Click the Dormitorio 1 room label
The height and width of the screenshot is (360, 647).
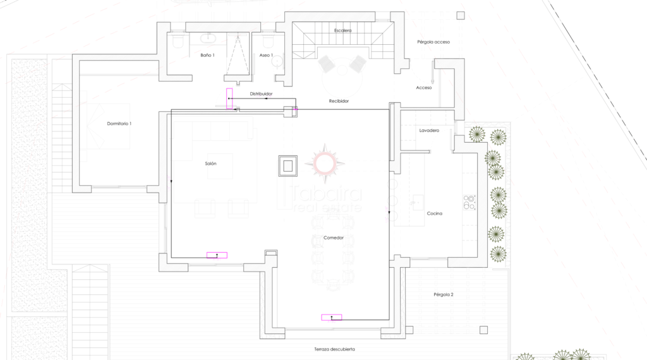[x=119, y=124]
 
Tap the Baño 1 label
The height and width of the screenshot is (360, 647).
[x=207, y=55]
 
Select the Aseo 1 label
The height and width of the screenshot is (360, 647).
[x=266, y=55]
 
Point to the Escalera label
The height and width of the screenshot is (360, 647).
[x=343, y=30]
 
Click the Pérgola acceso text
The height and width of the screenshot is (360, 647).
[x=433, y=42]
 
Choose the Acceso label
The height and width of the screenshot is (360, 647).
[x=424, y=88]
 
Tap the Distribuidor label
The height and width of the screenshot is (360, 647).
[x=261, y=94]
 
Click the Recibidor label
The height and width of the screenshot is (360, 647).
[x=339, y=101]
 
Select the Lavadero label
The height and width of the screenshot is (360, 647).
[x=429, y=131]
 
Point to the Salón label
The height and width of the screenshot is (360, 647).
[x=210, y=164]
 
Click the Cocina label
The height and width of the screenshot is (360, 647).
[x=435, y=213]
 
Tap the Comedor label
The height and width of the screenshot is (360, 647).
[x=334, y=238]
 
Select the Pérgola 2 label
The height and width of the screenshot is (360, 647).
[x=444, y=295]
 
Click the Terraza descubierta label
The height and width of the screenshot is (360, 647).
[x=335, y=349]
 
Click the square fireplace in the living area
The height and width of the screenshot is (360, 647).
[x=288, y=165]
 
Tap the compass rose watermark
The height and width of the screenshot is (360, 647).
[x=325, y=164]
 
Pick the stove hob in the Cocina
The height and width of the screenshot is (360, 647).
[x=469, y=203]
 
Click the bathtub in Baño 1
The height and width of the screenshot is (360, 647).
[x=208, y=39]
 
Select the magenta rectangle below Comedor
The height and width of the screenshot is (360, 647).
[x=332, y=318]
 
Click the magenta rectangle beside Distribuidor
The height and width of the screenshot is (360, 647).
[x=229, y=99]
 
